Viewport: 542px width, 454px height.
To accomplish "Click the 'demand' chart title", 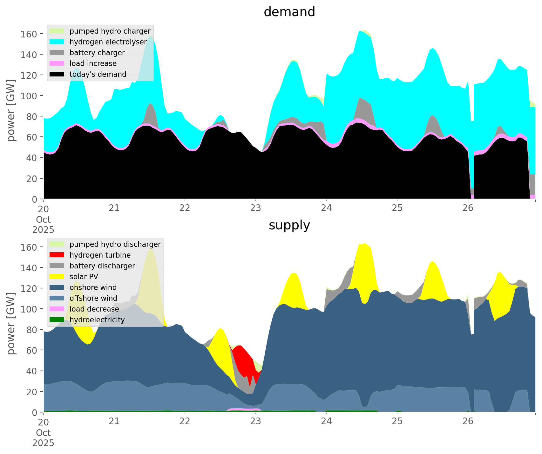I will point(289,12).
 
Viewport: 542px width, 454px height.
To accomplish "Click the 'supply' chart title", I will point(289,225).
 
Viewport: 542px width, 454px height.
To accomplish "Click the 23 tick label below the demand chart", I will point(255,208).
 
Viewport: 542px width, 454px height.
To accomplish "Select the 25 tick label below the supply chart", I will point(397,422).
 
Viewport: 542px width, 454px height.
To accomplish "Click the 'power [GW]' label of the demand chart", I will point(11,111).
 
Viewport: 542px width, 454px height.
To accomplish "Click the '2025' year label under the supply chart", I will point(43,443).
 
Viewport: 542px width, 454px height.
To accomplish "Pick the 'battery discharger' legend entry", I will point(102,266).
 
